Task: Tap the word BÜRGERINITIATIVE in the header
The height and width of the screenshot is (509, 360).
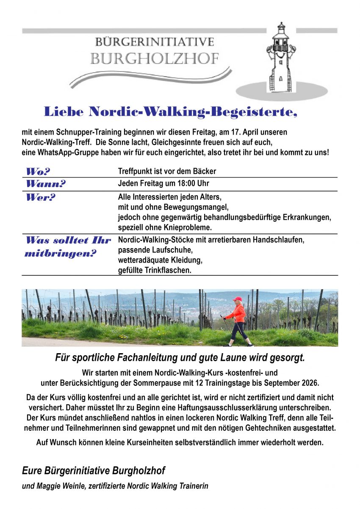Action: (x=155, y=42)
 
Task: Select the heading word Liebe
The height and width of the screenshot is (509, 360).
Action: (x=63, y=112)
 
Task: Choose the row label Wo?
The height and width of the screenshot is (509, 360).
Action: (x=38, y=172)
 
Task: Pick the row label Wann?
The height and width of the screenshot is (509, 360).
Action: (x=46, y=184)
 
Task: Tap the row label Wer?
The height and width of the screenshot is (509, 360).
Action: (x=41, y=197)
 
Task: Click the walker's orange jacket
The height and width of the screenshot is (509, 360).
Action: (x=238, y=314)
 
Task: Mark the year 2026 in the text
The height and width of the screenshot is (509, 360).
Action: (x=310, y=383)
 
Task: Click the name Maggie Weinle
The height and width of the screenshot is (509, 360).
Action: (x=58, y=486)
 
